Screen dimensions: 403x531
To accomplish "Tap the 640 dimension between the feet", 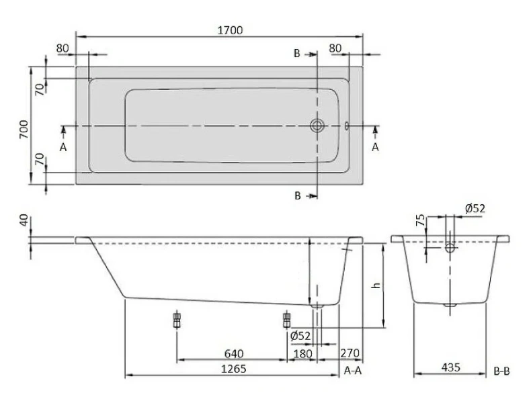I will (233, 353).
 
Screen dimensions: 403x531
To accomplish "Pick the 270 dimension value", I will (350, 353).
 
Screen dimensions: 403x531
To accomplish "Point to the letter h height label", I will (376, 285).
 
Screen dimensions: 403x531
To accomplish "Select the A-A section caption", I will (354, 370).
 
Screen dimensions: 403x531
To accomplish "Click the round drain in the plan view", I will (317, 125).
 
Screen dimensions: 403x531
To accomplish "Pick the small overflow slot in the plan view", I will (347, 125).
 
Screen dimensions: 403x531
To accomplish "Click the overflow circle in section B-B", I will (450, 247).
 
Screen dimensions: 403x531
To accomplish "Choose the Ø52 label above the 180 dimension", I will (300, 336).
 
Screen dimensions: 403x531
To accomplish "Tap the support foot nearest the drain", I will (287, 319).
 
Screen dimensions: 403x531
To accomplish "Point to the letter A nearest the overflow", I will (375, 147).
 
